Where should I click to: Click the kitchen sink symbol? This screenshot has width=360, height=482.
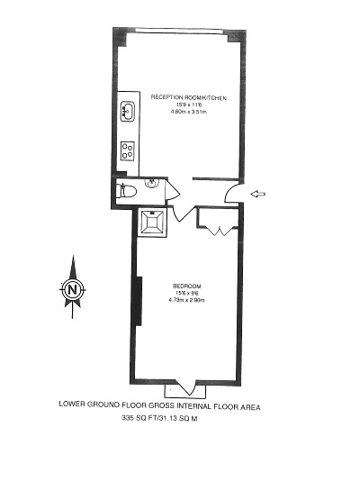pyautogui.click(x=128, y=112)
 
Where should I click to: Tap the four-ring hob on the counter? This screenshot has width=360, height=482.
pyautogui.click(x=128, y=150)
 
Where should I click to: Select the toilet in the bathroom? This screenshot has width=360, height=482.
pyautogui.click(x=126, y=192)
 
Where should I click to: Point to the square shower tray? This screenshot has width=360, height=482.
pyautogui.click(x=152, y=223)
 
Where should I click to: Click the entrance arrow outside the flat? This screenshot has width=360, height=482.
pyautogui.click(x=258, y=194)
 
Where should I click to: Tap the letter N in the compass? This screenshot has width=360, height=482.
pyautogui.click(x=73, y=289)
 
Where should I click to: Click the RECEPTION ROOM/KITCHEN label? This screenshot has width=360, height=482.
pyautogui.click(x=189, y=98)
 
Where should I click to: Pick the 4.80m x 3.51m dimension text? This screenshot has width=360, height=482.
pyautogui.click(x=189, y=112)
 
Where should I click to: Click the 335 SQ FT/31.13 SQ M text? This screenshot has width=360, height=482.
pyautogui.click(x=159, y=418)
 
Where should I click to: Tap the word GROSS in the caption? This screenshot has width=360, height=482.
pyautogui.click(x=161, y=405)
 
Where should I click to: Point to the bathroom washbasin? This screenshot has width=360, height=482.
pyautogui.click(x=152, y=183)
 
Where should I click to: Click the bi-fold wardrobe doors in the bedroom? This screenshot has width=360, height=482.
pyautogui.click(x=220, y=231)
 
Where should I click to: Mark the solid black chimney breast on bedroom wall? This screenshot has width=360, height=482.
pyautogui.click(x=138, y=301)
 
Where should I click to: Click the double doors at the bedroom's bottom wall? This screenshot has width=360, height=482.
pyautogui.click(x=184, y=387)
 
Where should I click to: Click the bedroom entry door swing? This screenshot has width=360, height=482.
pyautogui.click(x=184, y=214)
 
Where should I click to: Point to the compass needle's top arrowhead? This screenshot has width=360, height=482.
pyautogui.click(x=73, y=267)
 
